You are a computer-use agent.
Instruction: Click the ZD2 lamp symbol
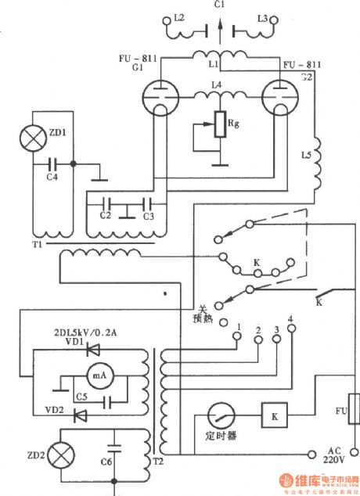(x=60, y=453)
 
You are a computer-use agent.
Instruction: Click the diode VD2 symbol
(x=79, y=415)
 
